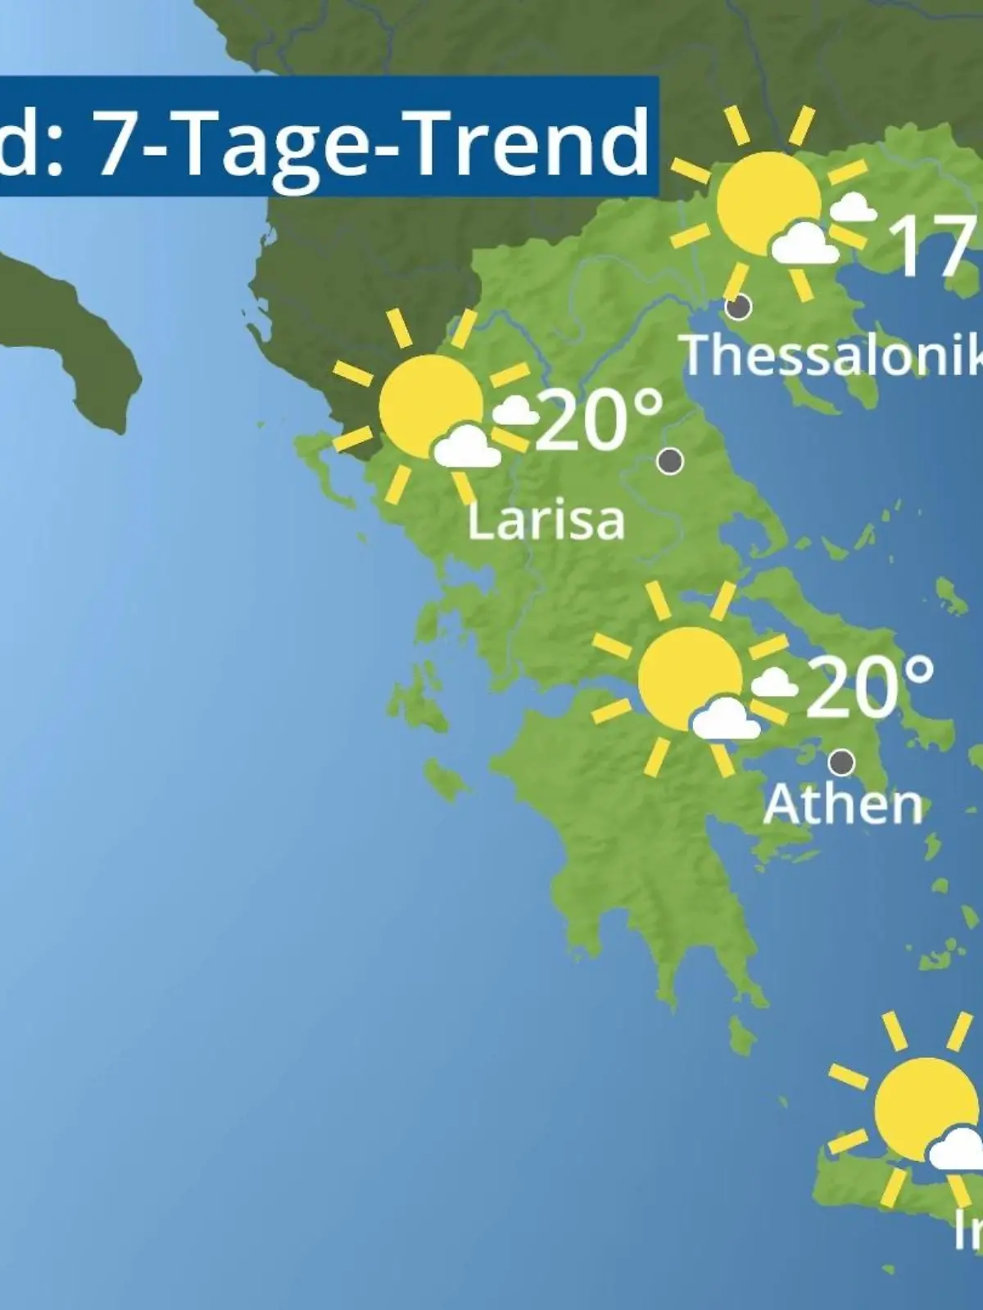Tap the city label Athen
click(843, 805)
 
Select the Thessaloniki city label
click(832, 355)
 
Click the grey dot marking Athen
click(841, 763)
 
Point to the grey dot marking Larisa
click(670, 462)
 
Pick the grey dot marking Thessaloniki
click(739, 308)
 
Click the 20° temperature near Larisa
click(600, 418)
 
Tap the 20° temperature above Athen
click(871, 685)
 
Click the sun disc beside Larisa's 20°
click(430, 405)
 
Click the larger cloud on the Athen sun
click(724, 720)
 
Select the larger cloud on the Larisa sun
click(466, 448)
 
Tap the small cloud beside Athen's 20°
click(774, 683)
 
